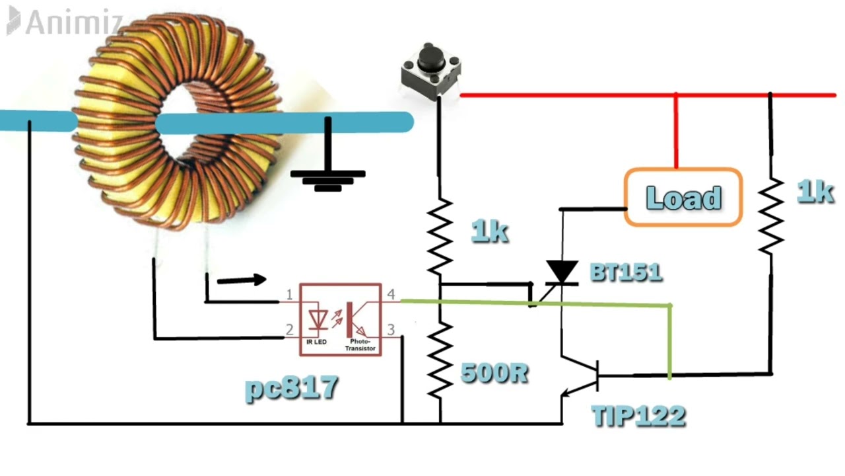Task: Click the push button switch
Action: [x=430, y=70]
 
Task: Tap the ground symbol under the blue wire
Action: [x=328, y=178]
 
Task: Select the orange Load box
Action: [x=683, y=198]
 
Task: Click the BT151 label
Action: [x=625, y=272]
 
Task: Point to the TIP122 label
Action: [x=638, y=416]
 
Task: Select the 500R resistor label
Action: [x=494, y=374]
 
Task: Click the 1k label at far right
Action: [x=815, y=192]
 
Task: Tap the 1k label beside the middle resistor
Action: [x=489, y=231]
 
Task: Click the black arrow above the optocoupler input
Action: [x=242, y=280]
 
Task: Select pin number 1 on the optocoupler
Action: [x=289, y=294]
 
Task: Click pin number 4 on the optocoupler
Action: [x=391, y=294]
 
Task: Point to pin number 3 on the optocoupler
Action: [x=391, y=329]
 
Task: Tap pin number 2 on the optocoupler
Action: [x=289, y=329]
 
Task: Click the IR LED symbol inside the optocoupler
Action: [x=320, y=319]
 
